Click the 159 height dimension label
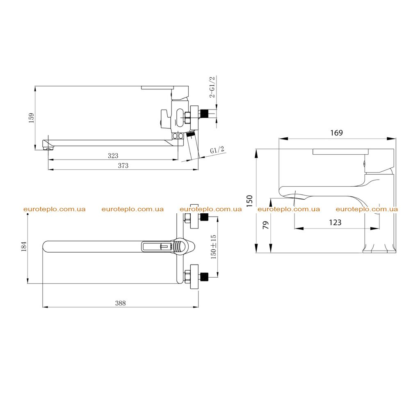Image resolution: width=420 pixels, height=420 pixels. [32, 118]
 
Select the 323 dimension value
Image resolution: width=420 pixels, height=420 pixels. [113, 155]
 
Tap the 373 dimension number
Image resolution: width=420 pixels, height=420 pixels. [123, 166]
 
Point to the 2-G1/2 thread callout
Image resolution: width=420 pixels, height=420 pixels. [212, 87]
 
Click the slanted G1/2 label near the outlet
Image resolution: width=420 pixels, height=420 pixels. [217, 150]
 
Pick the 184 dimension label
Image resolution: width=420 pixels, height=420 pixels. [24, 247]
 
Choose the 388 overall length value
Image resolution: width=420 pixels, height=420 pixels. [120, 303]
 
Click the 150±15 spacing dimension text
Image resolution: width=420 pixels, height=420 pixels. [213, 247]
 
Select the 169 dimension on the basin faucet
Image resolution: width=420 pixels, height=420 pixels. [336, 133]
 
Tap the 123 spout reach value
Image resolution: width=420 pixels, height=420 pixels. [335, 222]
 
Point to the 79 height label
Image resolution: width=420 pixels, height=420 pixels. [266, 225]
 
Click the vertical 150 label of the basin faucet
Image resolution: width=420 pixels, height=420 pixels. [249, 201]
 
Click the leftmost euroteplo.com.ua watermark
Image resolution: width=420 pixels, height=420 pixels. [55, 209]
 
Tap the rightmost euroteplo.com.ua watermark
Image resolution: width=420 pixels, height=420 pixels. [367, 209]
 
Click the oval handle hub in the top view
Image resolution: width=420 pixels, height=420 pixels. [180, 246]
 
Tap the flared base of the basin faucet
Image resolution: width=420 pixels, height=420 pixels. [379, 248]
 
